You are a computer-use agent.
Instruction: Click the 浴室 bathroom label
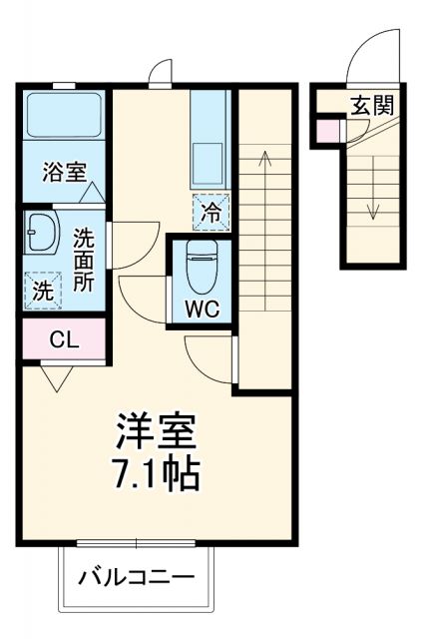coord(63,172)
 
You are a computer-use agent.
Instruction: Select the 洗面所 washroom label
coord(84,259)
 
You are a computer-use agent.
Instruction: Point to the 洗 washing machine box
coord(42,290)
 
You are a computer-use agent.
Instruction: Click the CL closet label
coord(63,339)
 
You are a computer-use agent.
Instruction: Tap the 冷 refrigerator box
coord(211,211)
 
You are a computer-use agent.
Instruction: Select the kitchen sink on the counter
coord(211,161)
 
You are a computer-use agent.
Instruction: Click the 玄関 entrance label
coord(370,105)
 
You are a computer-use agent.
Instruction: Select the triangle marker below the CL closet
coord(55,377)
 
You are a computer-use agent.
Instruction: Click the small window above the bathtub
coord(63,86)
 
